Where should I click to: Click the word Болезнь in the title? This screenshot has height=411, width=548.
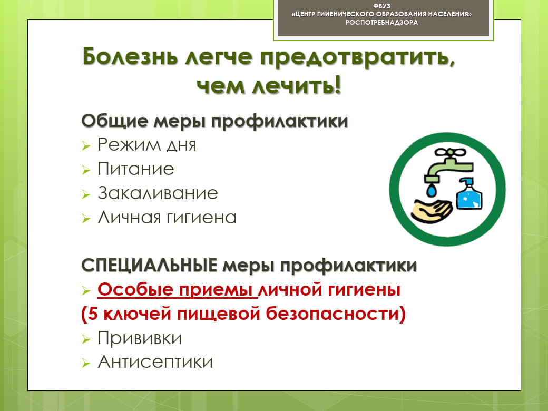click(x=130, y=56)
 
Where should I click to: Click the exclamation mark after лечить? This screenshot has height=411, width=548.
click(x=337, y=85)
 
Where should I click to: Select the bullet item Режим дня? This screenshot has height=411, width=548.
click(x=146, y=145)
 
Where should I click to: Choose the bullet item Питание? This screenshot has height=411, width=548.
click(x=135, y=169)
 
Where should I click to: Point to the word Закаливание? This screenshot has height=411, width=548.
click(x=158, y=193)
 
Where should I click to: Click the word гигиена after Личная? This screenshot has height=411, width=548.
click(x=201, y=218)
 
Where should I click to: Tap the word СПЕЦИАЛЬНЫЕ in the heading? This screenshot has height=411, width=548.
click(x=149, y=265)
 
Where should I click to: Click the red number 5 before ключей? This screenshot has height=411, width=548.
click(x=93, y=314)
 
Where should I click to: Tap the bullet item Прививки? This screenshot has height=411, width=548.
click(x=140, y=338)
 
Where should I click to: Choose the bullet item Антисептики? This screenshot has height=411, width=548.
click(x=155, y=361)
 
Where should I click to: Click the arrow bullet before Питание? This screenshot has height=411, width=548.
click(x=86, y=170)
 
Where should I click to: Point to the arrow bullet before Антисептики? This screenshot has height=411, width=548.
click(x=86, y=363)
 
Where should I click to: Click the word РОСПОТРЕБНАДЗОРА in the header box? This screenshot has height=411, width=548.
click(x=381, y=23)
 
